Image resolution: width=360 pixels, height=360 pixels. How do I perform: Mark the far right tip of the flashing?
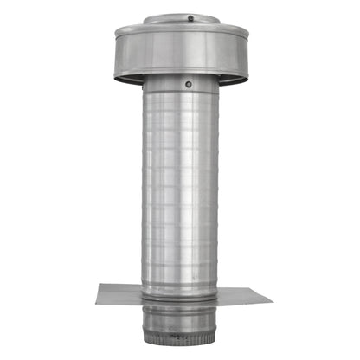(x=272, y=301)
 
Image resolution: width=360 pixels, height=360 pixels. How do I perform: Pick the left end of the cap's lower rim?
(x=116, y=75)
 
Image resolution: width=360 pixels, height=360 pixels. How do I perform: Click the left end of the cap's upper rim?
(x=116, y=33)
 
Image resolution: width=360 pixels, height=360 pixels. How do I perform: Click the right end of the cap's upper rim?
(x=248, y=33)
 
